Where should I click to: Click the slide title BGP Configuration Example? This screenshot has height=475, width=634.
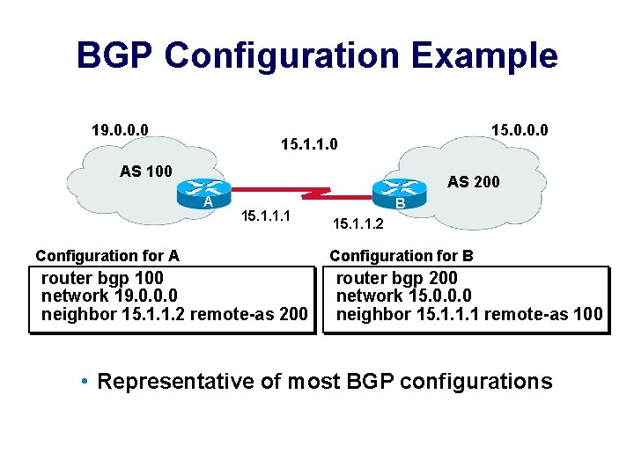317,55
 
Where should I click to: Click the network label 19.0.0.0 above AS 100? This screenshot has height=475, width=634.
120,131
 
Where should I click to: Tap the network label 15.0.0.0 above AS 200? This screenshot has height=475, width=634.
520,131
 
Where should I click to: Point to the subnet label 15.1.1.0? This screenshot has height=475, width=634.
308,142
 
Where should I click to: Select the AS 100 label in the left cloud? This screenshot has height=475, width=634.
146,171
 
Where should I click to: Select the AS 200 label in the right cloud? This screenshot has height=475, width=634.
473,182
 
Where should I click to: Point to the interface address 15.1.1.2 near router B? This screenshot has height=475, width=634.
358,225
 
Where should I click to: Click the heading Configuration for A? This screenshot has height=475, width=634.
107,256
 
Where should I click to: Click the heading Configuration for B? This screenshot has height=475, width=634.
402,256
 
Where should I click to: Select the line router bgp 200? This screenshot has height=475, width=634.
397,279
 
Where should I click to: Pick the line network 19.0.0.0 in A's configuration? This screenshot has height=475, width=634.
110,296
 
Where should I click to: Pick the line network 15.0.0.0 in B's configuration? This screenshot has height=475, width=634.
404,296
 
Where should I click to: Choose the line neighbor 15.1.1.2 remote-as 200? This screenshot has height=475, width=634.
174,314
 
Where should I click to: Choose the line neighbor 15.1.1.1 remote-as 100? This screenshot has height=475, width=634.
469,314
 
